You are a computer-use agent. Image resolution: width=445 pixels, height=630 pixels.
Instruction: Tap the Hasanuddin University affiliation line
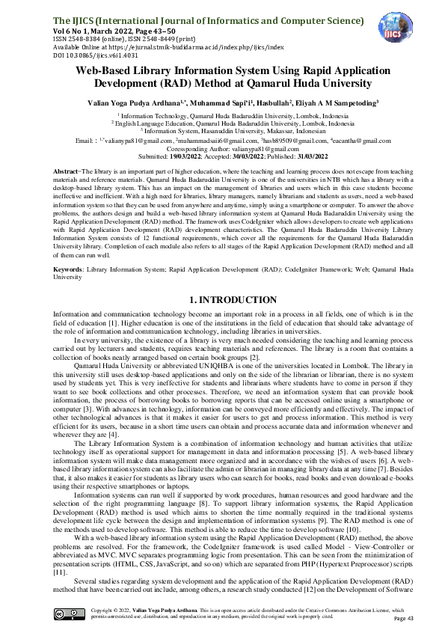tap(222, 129)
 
